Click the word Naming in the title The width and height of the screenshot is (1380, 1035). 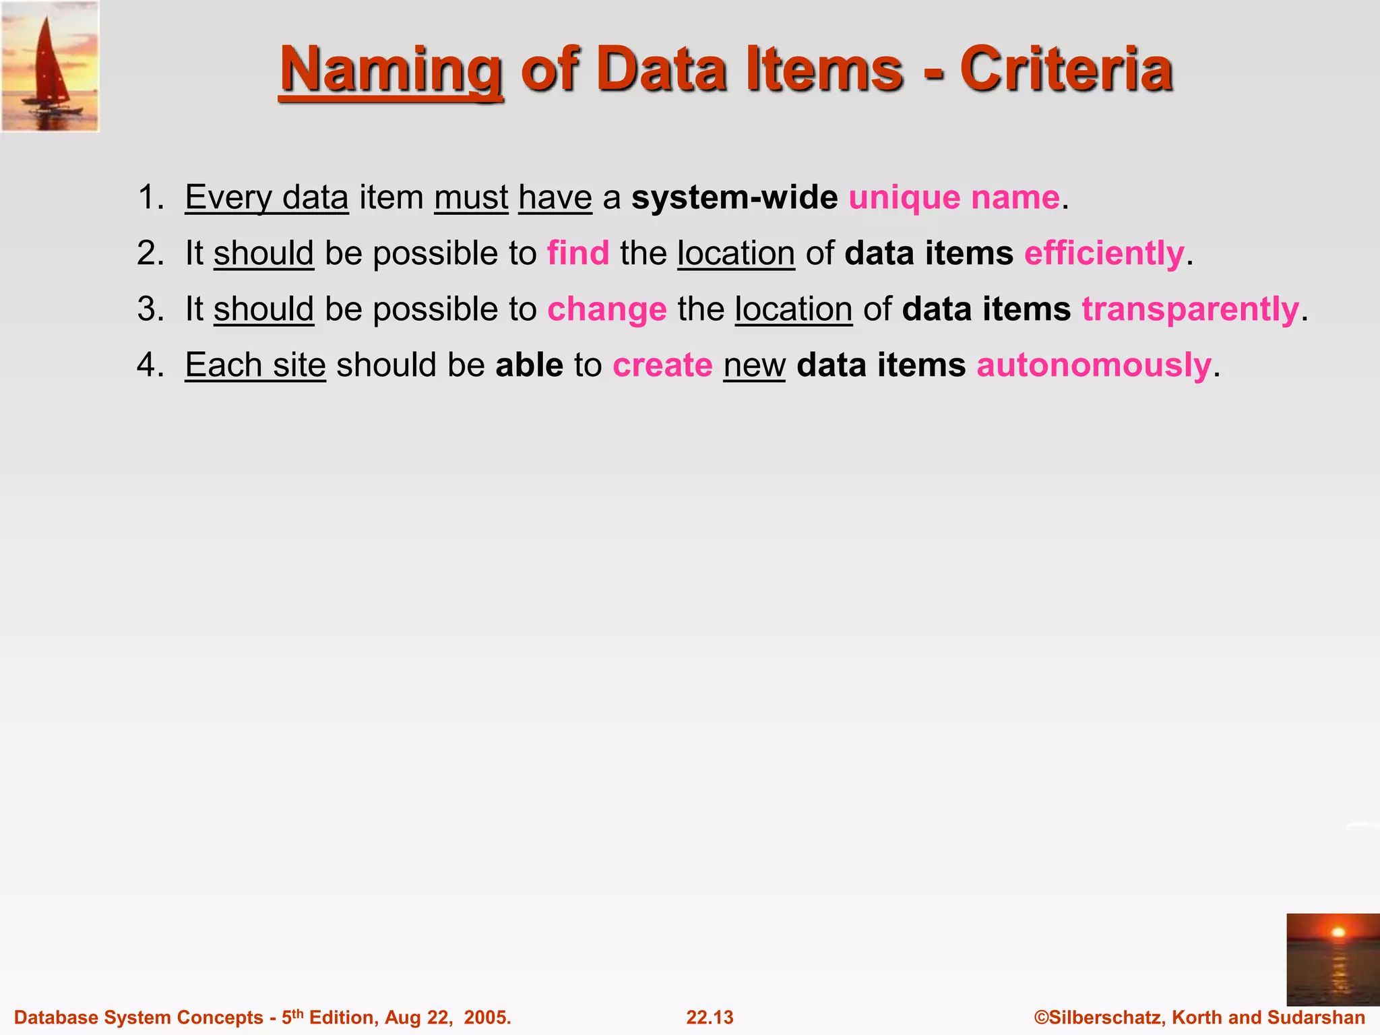pos(391,70)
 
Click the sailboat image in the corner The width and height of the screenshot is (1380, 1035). pos(50,66)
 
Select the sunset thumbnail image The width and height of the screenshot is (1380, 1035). pos(1332,960)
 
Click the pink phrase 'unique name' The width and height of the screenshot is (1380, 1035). pos(954,197)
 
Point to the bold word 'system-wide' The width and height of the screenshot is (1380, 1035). pos(734,197)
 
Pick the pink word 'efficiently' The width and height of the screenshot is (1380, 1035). pos(1104,253)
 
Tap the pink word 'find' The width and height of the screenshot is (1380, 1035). pos(578,253)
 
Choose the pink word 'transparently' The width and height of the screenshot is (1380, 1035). pos(1190,309)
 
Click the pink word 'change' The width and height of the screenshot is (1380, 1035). pos(607,309)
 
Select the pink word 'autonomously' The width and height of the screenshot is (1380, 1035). pos(1094,365)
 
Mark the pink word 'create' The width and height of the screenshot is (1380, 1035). pos(662,365)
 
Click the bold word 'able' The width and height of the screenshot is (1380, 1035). pos(529,365)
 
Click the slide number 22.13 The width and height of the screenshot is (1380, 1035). pos(710,1017)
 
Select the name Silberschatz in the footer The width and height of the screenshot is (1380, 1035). pos(1105,1017)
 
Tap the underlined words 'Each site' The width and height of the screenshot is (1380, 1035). pos(255,365)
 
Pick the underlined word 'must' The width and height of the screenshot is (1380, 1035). pos(471,197)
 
